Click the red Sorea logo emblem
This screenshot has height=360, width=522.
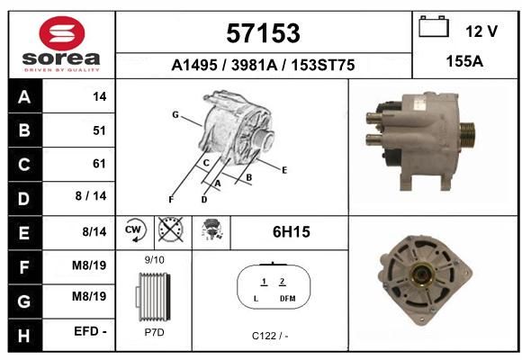61,33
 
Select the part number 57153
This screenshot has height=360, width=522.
263,33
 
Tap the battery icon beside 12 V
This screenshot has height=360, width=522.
434,26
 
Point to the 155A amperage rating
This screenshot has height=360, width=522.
464,61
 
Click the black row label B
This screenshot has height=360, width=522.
24,130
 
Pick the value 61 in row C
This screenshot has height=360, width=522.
99,164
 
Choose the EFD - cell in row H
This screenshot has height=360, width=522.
90,331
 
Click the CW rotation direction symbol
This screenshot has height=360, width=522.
135,229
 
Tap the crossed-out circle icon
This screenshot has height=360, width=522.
170,229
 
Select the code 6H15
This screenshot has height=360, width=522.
292,232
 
